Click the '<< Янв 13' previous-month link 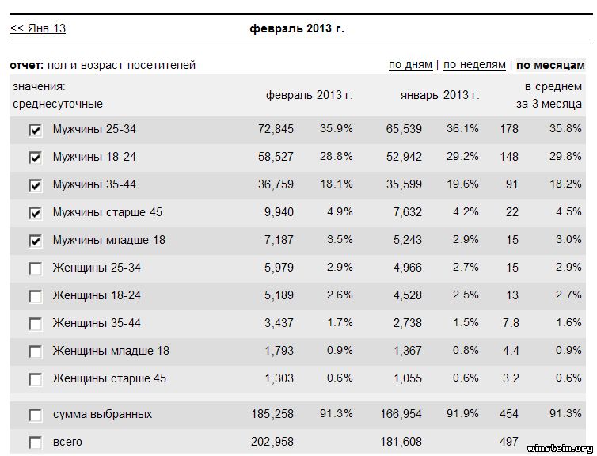37,28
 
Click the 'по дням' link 410,64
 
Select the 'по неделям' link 473,64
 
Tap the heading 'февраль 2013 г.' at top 296,28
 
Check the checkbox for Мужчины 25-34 35,130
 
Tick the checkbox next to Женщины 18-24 35,296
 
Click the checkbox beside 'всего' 35,443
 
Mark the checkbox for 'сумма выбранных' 35,415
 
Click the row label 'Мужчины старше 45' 107,212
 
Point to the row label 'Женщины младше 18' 111,351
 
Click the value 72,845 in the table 276,129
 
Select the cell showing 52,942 404,157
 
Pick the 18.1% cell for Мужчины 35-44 336,184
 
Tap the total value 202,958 272,442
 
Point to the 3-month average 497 509,442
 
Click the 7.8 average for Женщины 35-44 511,323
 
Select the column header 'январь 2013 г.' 439,95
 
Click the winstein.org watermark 559,447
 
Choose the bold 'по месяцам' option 550,65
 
